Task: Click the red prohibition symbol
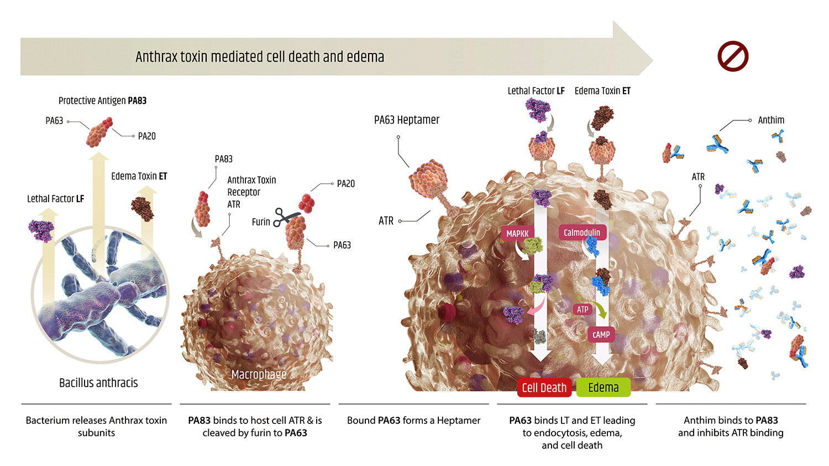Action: click(x=733, y=56)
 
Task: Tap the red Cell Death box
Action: click(x=544, y=388)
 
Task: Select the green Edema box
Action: click(x=603, y=388)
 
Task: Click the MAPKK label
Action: click(x=517, y=234)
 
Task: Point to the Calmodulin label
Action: click(x=582, y=232)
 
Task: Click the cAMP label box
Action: click(x=601, y=335)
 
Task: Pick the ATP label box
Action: click(x=583, y=309)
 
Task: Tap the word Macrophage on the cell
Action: click(x=259, y=374)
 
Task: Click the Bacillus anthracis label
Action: click(x=98, y=383)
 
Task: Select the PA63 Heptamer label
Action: click(x=407, y=120)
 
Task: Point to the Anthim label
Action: click(x=771, y=120)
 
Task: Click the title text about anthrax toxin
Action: click(x=260, y=57)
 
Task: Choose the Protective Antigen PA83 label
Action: click(x=102, y=100)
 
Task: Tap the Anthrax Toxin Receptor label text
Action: click(x=251, y=192)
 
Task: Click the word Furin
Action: click(x=261, y=222)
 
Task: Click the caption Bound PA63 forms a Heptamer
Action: click(x=413, y=420)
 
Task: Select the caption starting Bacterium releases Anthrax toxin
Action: click(x=96, y=426)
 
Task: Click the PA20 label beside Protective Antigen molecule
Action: click(x=146, y=136)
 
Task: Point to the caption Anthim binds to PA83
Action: click(x=731, y=426)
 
